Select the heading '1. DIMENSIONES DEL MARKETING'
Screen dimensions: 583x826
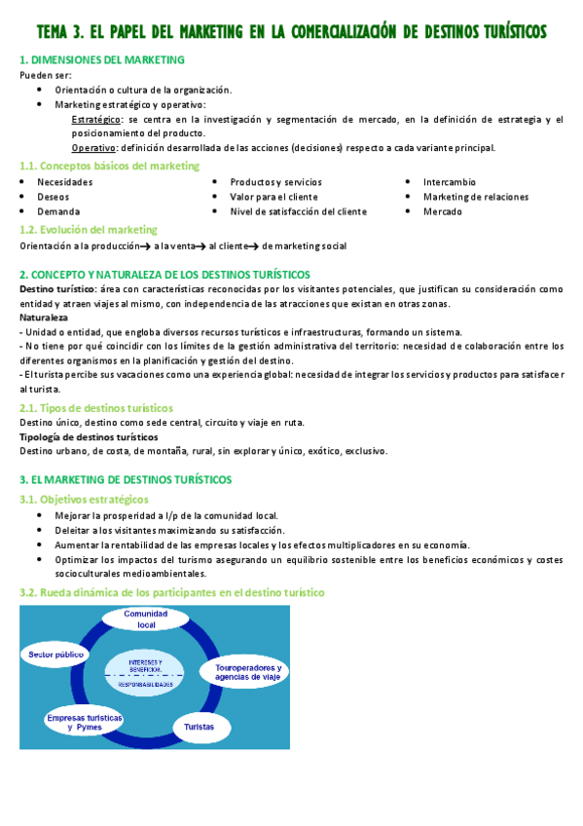click(x=102, y=60)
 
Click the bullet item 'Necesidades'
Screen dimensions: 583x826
click(x=65, y=182)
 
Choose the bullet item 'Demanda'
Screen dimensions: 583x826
click(x=58, y=211)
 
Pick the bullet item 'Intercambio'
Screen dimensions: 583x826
click(x=450, y=182)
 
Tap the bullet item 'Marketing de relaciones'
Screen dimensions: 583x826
click(x=476, y=197)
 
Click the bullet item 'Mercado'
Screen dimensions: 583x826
click(x=443, y=211)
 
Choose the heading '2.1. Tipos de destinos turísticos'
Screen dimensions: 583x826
click(x=96, y=408)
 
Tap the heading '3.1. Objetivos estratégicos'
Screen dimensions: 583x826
click(x=85, y=499)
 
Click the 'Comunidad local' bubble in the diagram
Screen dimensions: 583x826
click(x=146, y=619)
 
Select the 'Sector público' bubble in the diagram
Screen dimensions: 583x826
click(x=55, y=656)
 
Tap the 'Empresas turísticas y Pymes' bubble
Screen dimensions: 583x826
click(x=84, y=722)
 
